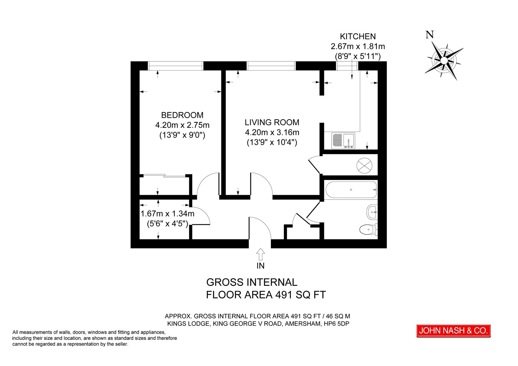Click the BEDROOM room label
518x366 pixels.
tap(182, 115)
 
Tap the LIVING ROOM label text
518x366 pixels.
tap(272, 122)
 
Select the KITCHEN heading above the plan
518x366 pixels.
tap(358, 36)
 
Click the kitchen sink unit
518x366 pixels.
tap(343, 140)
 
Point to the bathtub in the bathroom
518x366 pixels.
tap(351, 190)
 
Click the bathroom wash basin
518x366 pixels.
tap(372, 212)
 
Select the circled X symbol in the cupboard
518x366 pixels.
tap(365, 165)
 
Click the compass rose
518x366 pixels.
tap(444, 60)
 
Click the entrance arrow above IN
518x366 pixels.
tap(261, 255)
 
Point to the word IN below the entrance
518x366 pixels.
tap(261, 266)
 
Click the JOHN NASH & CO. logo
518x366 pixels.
tap(454, 331)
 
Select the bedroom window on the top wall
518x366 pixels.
tap(175, 66)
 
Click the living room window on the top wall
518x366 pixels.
tap(271, 66)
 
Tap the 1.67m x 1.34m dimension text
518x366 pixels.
tap(167, 214)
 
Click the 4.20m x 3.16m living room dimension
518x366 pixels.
tap(272, 132)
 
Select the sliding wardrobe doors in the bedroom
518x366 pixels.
tap(165, 176)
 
